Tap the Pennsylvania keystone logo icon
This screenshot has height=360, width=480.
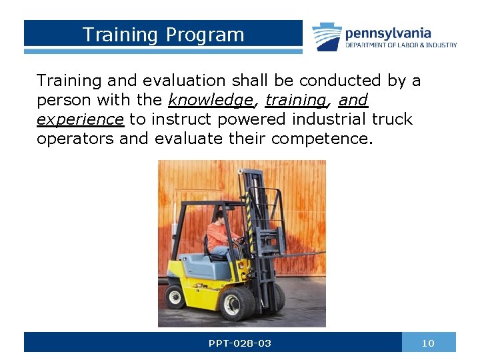click(x=327, y=36)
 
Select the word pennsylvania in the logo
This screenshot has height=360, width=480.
click(x=388, y=33)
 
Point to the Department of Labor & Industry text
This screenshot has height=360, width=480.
click(x=401, y=45)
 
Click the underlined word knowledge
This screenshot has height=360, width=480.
click(x=211, y=101)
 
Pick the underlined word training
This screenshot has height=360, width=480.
click(x=295, y=101)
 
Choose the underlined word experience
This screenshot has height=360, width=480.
click(x=80, y=120)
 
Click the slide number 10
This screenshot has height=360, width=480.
click(x=428, y=343)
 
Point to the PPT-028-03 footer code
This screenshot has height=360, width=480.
click(x=240, y=343)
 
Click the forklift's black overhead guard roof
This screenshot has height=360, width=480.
click(x=203, y=203)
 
